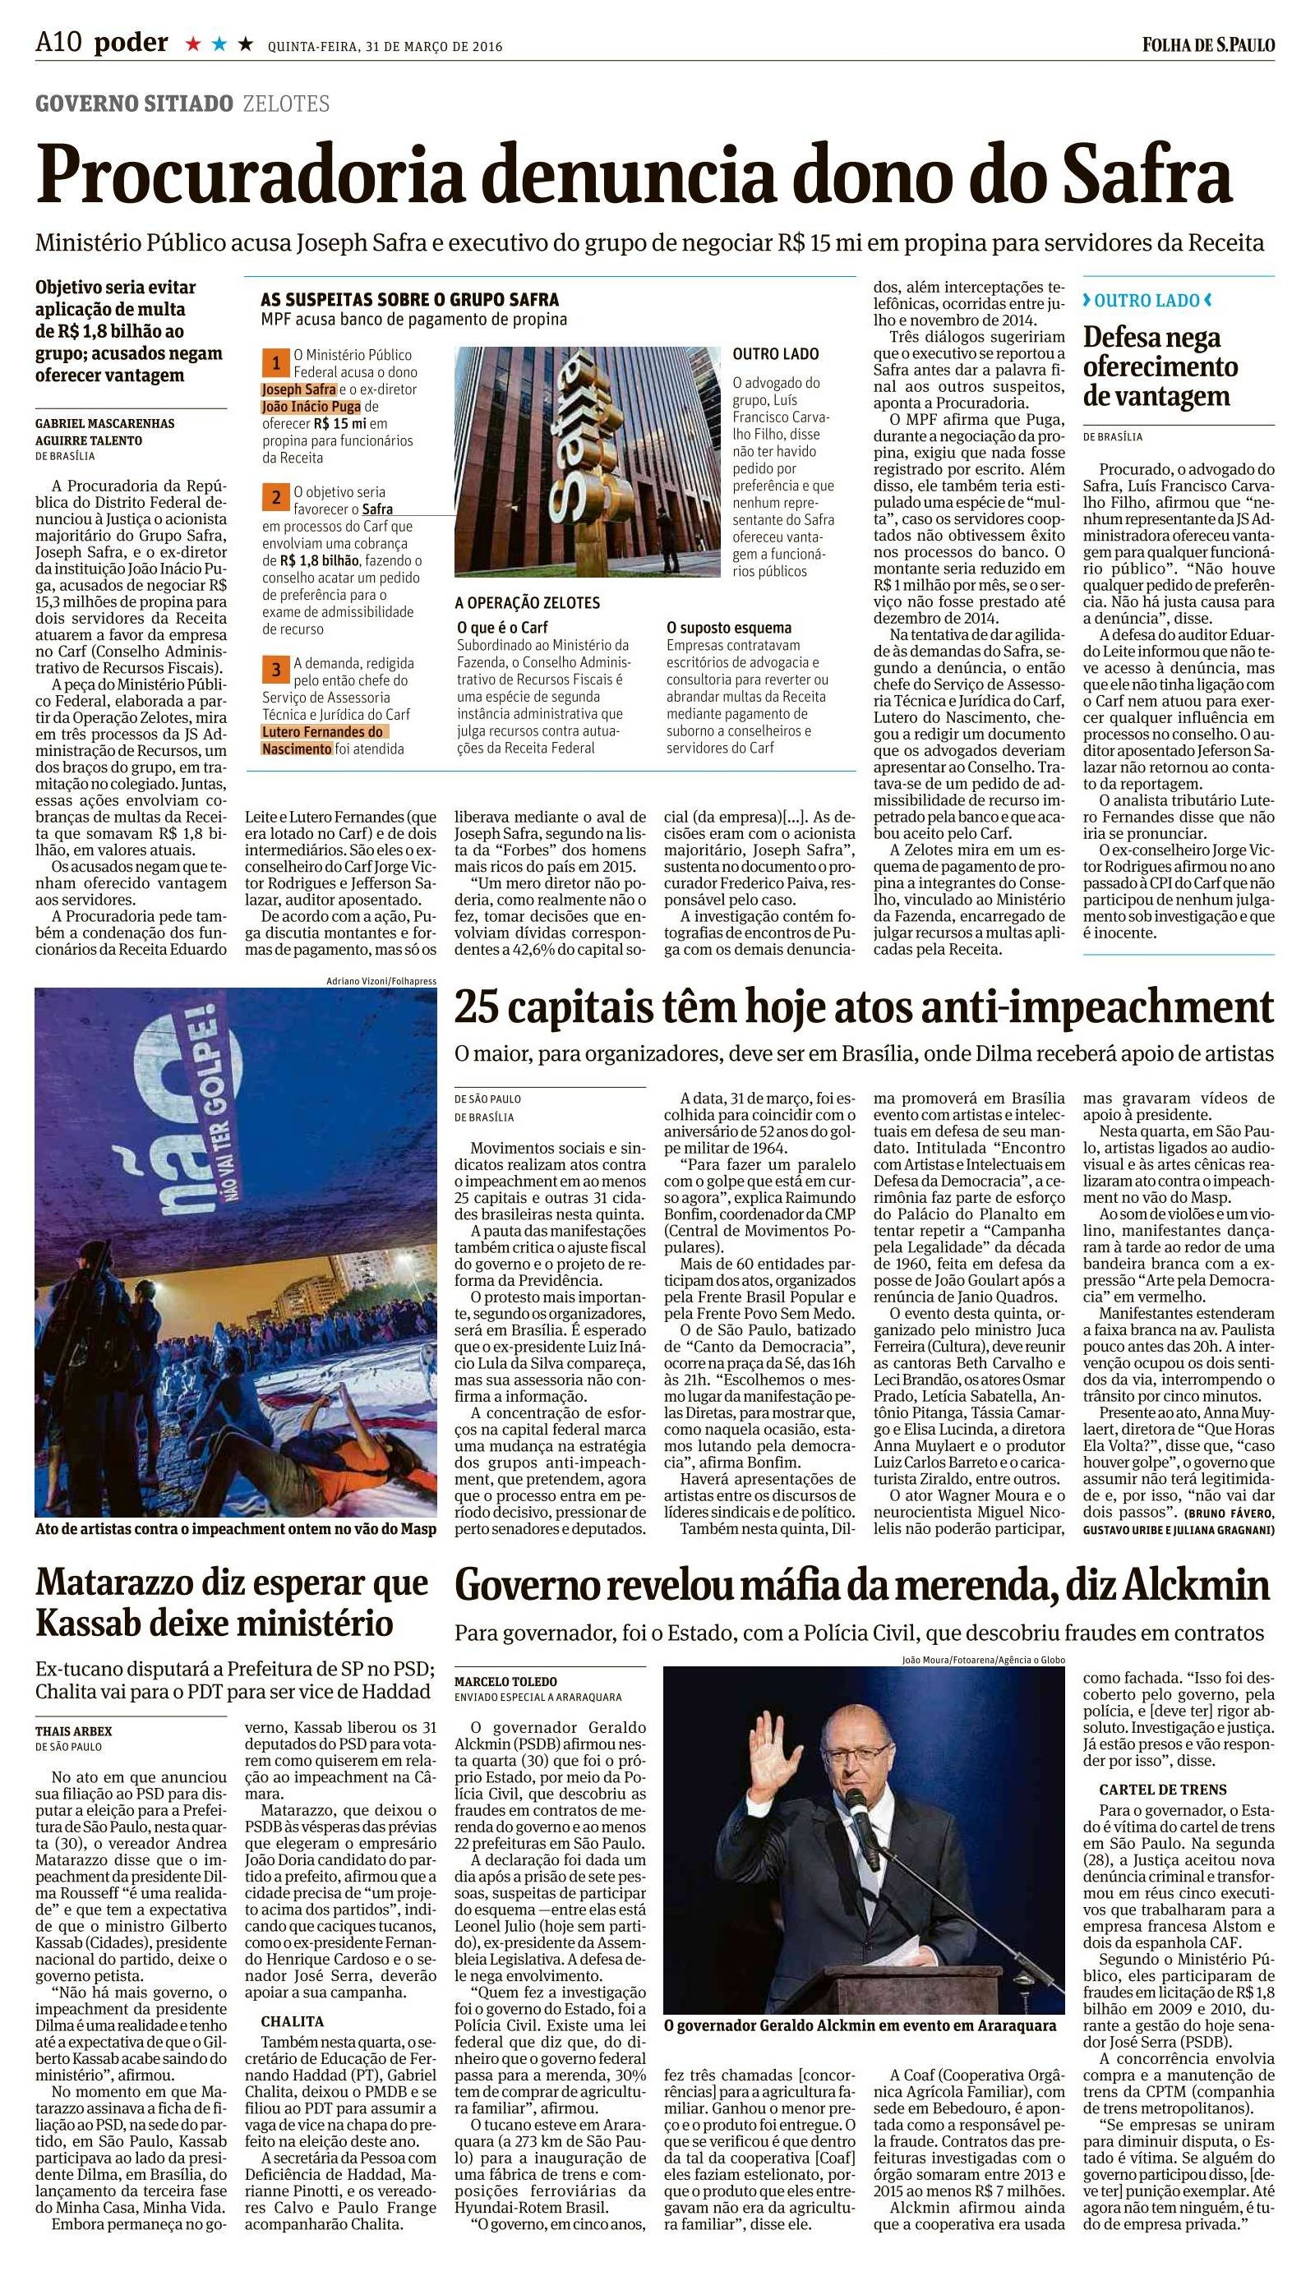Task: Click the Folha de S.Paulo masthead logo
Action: [1207, 44]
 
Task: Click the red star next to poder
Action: [192, 44]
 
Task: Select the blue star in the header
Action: [218, 44]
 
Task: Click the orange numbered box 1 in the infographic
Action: [274, 364]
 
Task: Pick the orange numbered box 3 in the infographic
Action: [275, 670]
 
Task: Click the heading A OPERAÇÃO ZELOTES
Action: [527, 603]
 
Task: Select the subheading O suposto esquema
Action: [728, 628]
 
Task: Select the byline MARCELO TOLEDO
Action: [505, 1681]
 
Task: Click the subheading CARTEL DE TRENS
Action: [1150, 1789]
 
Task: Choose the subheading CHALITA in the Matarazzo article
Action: [292, 2020]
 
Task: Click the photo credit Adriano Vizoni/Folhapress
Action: [381, 980]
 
